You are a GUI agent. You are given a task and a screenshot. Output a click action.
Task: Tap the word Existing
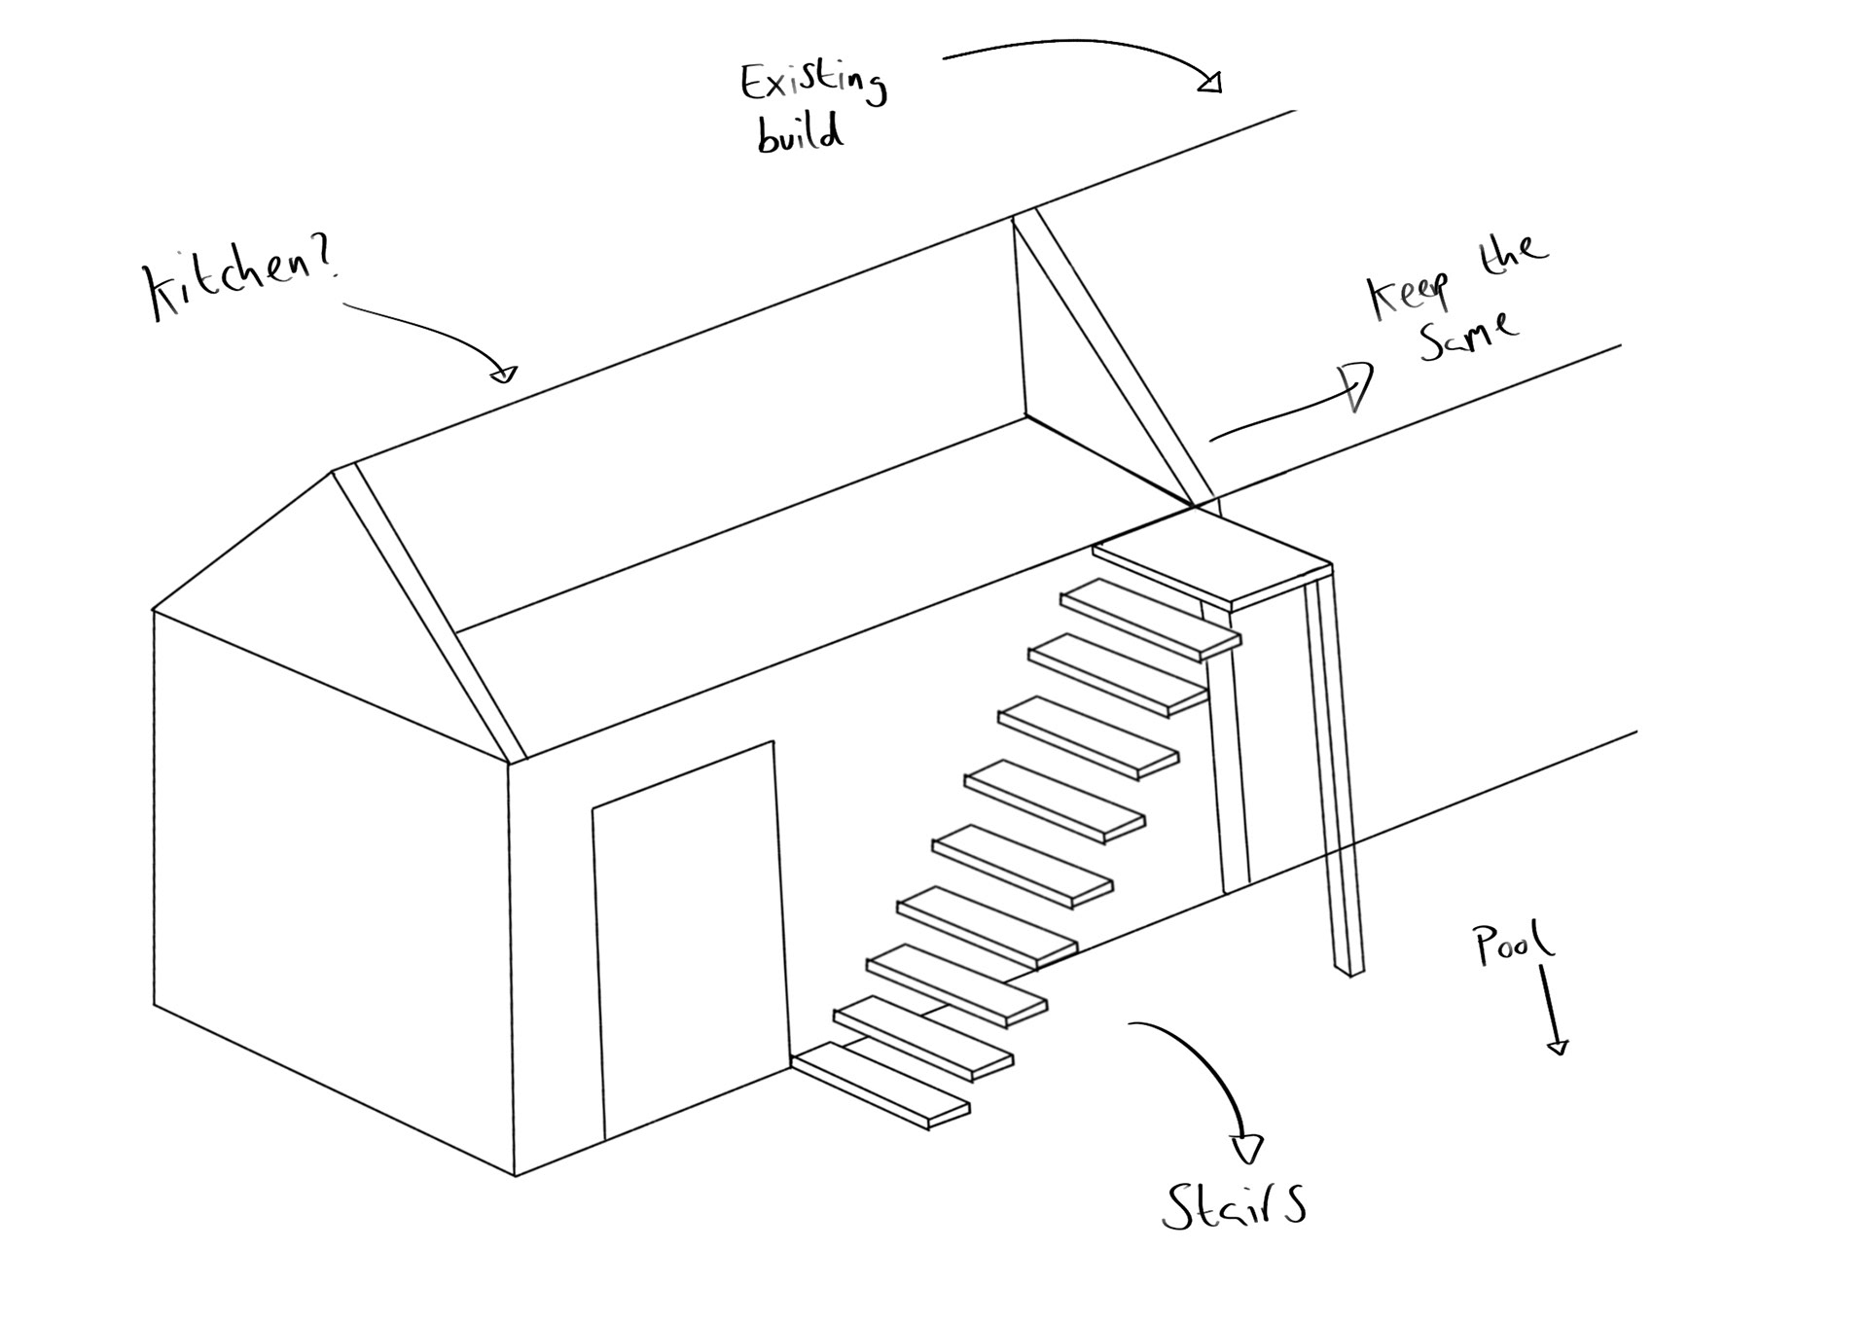click(x=812, y=83)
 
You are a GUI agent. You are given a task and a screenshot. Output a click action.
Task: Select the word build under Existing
click(x=800, y=134)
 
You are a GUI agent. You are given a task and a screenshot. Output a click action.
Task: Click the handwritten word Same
click(x=1467, y=336)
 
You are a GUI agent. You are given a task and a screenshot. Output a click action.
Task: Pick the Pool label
click(x=1513, y=944)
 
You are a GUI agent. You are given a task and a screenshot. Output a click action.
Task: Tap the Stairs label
click(x=1234, y=1205)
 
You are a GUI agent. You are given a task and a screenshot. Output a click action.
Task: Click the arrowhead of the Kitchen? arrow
click(x=504, y=373)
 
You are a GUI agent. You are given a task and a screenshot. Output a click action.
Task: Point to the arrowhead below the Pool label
click(x=1558, y=1047)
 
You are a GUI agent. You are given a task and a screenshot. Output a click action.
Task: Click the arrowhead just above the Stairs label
click(x=1247, y=1149)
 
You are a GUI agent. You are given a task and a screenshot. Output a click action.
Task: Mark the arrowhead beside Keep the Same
click(x=1358, y=383)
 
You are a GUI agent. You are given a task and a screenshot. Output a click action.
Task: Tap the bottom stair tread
click(x=880, y=1085)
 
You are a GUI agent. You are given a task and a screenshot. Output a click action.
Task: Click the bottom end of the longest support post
click(x=1353, y=969)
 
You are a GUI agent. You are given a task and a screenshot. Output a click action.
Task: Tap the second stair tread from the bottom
click(x=922, y=1040)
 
